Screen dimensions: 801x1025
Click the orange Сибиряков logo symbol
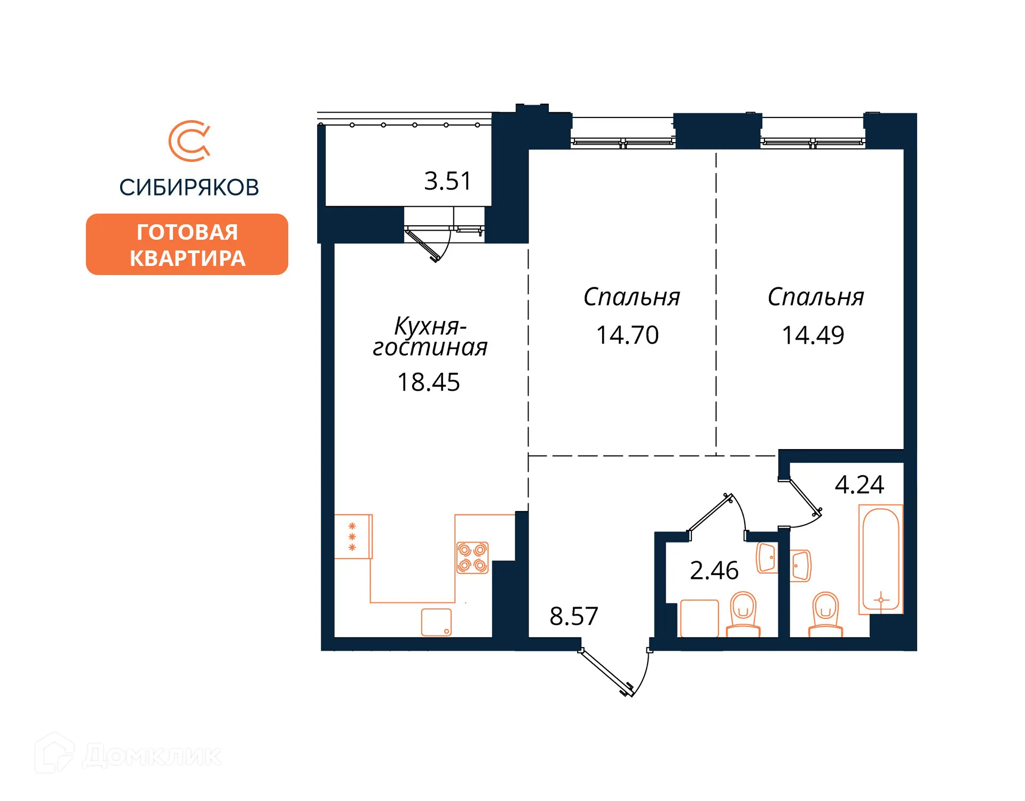point(190,141)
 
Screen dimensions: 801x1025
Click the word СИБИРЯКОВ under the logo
point(189,187)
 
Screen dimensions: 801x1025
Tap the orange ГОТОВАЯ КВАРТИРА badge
point(187,245)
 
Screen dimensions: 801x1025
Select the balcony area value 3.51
point(447,181)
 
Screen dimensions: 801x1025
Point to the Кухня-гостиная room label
point(430,336)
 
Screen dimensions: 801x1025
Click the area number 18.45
point(428,382)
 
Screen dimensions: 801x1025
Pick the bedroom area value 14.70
point(627,335)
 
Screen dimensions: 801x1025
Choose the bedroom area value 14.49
point(813,335)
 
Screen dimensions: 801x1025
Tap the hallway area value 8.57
point(574,616)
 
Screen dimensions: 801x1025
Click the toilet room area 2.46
point(714,570)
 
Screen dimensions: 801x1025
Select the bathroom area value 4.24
point(859,484)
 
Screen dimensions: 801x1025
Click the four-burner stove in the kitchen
point(472,558)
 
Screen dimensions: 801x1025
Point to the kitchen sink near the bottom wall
point(436,622)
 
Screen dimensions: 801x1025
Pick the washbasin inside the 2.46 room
point(767,558)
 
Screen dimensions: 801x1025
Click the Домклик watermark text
point(152,756)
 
